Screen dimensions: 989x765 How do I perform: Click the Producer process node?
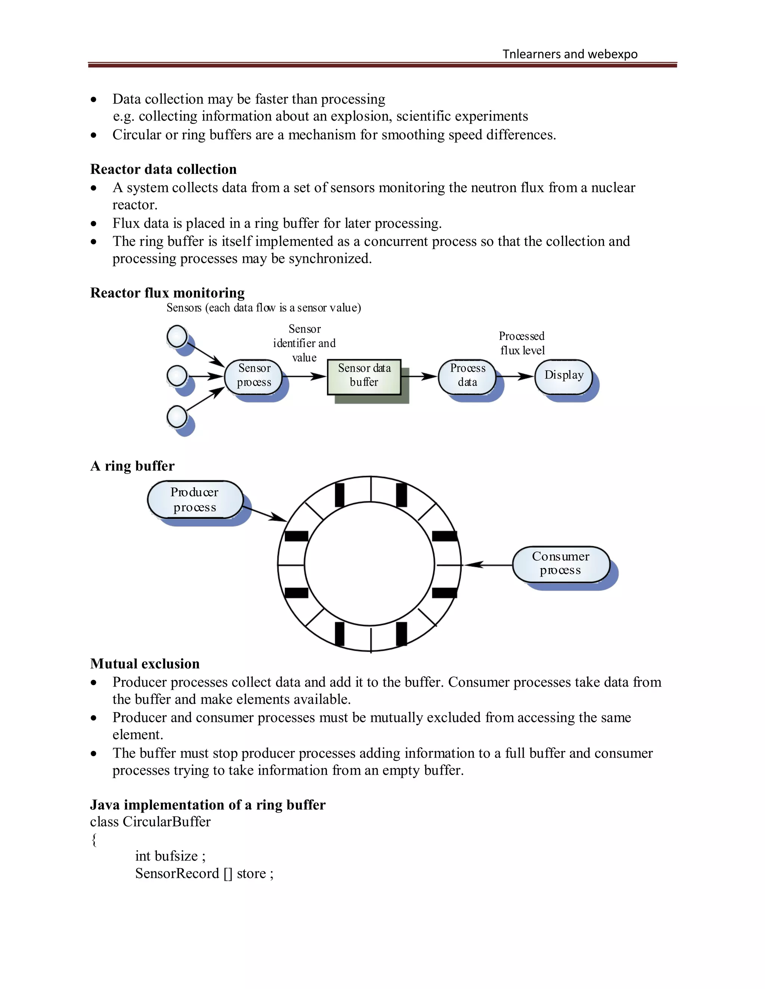pyautogui.click(x=195, y=499)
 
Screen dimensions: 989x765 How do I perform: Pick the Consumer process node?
pyautogui.click(x=561, y=564)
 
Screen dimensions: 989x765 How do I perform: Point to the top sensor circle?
pyautogui.click(x=177, y=337)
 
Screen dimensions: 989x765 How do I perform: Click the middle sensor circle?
pyautogui.click(x=177, y=376)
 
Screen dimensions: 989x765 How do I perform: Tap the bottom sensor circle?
pyautogui.click(x=177, y=416)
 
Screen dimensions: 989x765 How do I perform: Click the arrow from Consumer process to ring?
pyautogui.click(x=487, y=565)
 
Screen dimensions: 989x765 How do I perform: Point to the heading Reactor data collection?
pyautogui.click(x=163, y=169)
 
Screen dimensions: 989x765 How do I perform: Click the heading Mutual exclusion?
pyautogui.click(x=145, y=664)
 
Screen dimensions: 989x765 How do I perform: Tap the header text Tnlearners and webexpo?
pyautogui.click(x=570, y=54)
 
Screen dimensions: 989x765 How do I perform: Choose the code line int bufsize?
pyautogui.click(x=170, y=856)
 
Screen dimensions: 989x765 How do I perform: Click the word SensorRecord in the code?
pyautogui.click(x=177, y=873)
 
